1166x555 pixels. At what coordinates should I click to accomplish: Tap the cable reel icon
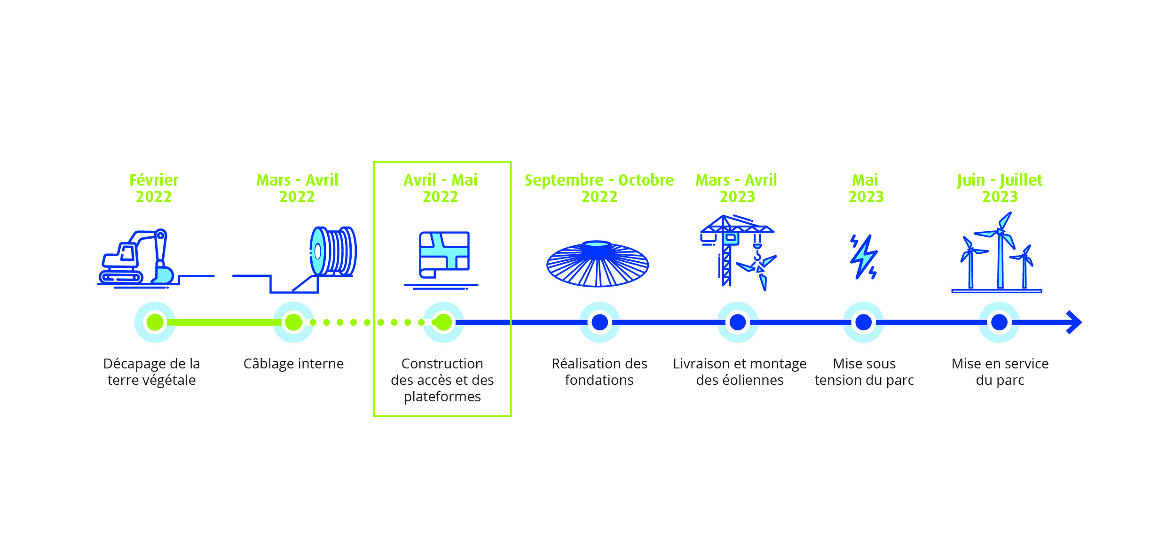(333, 251)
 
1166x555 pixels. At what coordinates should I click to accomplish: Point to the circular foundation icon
(598, 264)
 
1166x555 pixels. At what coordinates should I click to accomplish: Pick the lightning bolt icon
(864, 257)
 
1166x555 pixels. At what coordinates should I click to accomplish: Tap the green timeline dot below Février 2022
(155, 322)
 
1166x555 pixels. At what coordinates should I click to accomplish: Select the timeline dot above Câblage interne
(293, 322)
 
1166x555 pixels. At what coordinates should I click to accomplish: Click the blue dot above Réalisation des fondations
(599, 322)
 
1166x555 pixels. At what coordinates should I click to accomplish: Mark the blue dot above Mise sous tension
(863, 322)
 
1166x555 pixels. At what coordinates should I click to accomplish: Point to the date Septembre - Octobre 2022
(599, 188)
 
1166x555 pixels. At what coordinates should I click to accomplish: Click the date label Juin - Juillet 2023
(1000, 188)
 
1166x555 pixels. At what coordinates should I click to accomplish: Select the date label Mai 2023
(866, 188)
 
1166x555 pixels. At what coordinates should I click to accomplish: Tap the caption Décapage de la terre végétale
(151, 372)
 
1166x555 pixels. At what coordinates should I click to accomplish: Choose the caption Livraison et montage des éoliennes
(740, 372)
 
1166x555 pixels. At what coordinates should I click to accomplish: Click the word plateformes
(442, 397)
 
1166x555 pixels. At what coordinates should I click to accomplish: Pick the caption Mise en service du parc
(1000, 372)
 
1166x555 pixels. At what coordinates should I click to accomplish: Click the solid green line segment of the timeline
(224, 322)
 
